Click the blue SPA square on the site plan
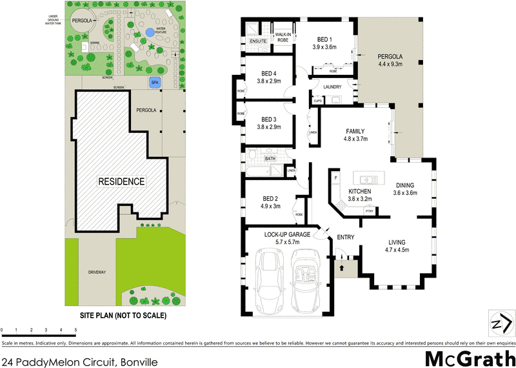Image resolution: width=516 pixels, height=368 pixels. (154, 83)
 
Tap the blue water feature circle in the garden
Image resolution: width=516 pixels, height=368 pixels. (150, 32)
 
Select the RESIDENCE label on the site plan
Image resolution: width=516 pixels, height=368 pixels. (121, 181)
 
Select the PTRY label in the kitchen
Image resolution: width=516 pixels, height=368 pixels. (369, 210)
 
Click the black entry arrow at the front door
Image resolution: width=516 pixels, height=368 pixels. (341, 258)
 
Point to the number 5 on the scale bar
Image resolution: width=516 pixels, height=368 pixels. (75, 330)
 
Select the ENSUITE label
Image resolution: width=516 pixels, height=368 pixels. (258, 41)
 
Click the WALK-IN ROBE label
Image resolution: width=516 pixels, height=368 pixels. (283, 36)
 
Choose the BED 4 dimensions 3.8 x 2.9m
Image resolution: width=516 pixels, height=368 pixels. (268, 81)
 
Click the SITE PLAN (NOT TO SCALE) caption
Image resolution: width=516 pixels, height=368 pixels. (123, 316)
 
